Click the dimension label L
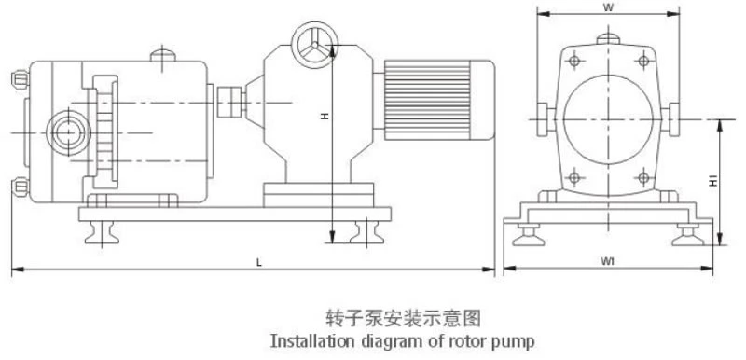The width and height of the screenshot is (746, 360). (x=259, y=262)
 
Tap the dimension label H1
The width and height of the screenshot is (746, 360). (x=713, y=181)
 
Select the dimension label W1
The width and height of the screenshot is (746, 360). (x=607, y=261)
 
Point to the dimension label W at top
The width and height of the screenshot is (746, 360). (x=608, y=7)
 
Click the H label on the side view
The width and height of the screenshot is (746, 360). (x=325, y=116)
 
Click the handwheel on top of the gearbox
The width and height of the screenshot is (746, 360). (x=314, y=45)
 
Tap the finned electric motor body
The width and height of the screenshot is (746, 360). (x=438, y=100)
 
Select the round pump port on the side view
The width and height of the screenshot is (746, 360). (x=68, y=132)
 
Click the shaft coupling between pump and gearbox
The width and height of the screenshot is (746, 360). (x=231, y=102)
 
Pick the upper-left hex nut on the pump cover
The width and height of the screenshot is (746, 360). (x=20, y=79)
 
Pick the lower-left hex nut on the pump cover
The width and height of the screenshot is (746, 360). (x=20, y=187)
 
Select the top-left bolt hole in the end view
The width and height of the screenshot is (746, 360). (x=574, y=61)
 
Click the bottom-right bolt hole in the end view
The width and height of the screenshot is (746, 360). (x=643, y=178)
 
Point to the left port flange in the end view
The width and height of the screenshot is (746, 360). (x=546, y=119)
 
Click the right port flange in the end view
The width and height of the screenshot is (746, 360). (x=670, y=119)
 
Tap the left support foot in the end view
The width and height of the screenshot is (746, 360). (x=529, y=235)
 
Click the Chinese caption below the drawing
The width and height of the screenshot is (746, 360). (x=404, y=318)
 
